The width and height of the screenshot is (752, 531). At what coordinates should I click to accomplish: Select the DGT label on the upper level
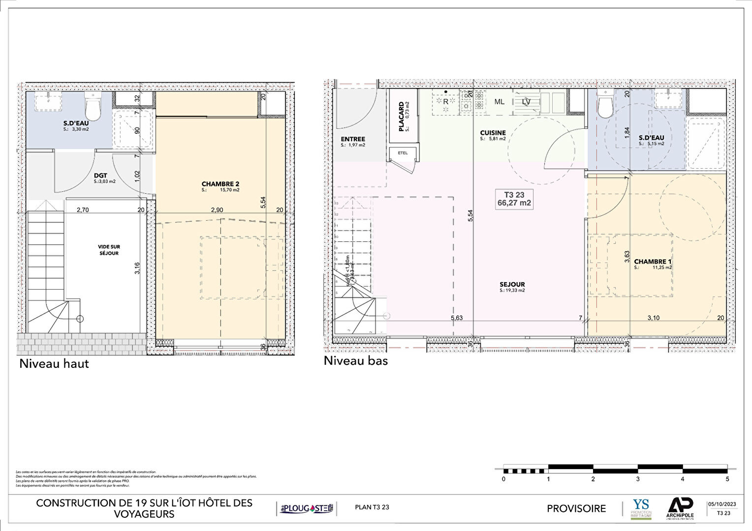point(100,176)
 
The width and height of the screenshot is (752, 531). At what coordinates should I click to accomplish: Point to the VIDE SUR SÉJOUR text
point(109,250)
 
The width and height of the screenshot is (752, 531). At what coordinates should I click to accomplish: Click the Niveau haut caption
point(54,364)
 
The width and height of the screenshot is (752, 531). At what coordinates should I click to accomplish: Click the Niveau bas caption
point(356,361)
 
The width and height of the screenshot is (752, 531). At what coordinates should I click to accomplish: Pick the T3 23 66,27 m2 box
point(514,199)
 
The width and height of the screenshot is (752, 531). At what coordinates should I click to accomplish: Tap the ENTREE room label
point(353,140)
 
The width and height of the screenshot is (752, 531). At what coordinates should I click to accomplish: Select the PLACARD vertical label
point(402,117)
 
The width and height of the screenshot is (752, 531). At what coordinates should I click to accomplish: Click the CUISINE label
point(493,133)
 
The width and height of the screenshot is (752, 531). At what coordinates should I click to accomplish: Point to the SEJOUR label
point(512,285)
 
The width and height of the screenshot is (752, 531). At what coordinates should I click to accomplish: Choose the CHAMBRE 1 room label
point(653,262)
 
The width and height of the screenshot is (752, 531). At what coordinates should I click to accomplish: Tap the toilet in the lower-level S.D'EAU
point(604,105)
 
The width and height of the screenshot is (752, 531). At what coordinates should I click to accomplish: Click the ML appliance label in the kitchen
point(499,102)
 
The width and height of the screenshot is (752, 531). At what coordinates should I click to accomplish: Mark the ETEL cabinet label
point(403,153)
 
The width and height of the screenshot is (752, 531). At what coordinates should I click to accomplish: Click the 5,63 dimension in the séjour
point(456,318)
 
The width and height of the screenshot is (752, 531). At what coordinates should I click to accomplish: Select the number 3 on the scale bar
point(638,479)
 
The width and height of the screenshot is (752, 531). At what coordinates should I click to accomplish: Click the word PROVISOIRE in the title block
point(576,509)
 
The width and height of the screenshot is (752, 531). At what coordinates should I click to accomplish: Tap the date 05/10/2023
point(722,504)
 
